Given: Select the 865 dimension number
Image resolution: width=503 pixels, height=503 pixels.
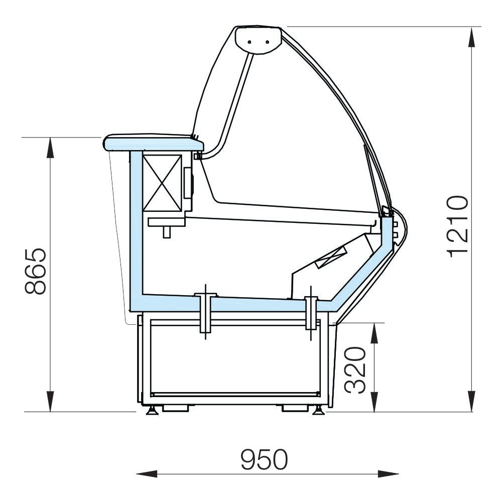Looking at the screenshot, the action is click(36, 272).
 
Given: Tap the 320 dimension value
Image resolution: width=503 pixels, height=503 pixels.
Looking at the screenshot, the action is click(355, 370).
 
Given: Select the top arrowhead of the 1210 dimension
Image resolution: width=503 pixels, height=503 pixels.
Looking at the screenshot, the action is click(471, 38).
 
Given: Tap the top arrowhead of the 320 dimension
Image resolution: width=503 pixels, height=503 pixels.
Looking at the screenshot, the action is click(374, 333).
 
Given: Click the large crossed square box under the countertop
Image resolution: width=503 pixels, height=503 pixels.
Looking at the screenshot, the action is click(162, 183).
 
